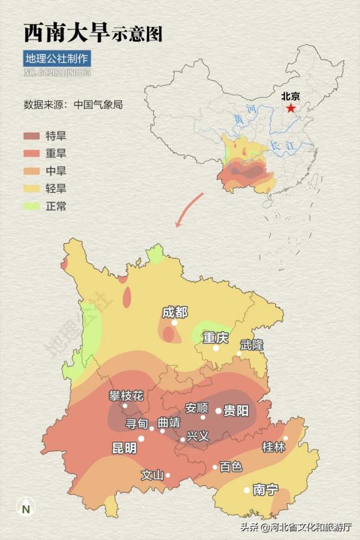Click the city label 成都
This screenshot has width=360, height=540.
(175, 312)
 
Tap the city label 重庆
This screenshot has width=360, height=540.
(215, 338)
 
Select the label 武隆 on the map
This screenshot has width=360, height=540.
(251, 346)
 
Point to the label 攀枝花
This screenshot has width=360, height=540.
(126, 395)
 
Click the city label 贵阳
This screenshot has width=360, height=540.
(236, 411)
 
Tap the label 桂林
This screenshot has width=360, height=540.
(274, 447)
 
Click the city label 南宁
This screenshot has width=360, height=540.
(265, 490)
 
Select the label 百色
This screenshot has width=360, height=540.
(230, 467)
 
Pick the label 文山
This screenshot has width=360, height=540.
(152, 475)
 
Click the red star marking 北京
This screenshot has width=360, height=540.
(291, 108)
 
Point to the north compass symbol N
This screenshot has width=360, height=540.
(25, 509)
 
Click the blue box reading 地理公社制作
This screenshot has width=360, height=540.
(57, 59)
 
